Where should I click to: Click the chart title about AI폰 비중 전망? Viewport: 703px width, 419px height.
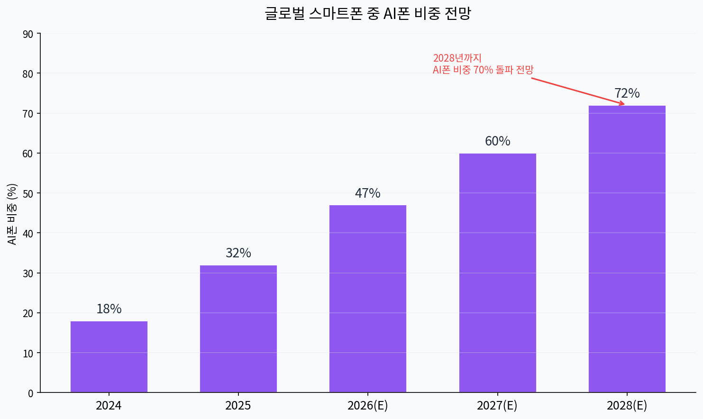367,13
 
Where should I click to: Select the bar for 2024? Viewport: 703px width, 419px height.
109,357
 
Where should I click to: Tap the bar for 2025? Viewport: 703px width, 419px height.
238,329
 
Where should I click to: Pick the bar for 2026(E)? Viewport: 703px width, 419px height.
368,299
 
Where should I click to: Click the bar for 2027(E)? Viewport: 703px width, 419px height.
497,273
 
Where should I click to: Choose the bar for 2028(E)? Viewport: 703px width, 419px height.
627,249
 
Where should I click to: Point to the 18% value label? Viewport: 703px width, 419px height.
109,309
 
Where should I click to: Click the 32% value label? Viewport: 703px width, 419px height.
238,253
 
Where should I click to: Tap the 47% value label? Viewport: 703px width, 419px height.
368,193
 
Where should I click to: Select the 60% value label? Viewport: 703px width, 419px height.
497,141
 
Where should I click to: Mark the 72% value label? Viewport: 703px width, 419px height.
627,93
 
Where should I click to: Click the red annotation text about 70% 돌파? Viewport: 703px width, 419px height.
483,64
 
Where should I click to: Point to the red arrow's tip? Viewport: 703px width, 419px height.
624,104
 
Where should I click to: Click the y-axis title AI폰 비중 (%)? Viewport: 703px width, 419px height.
12,214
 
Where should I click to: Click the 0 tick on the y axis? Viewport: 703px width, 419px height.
31,393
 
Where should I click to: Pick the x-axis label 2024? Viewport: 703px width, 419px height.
109,406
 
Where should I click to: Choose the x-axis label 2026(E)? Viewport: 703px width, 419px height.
368,406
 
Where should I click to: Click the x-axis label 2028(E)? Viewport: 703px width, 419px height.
627,406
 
